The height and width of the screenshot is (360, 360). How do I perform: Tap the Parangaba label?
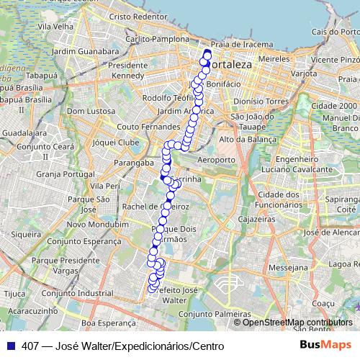click(136, 163)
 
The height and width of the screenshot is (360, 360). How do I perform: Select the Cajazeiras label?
click(258, 217)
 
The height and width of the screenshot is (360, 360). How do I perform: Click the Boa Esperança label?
click(108, 324)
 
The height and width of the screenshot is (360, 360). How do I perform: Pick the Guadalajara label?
click(23, 133)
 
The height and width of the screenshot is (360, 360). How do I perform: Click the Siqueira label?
click(26, 234)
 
